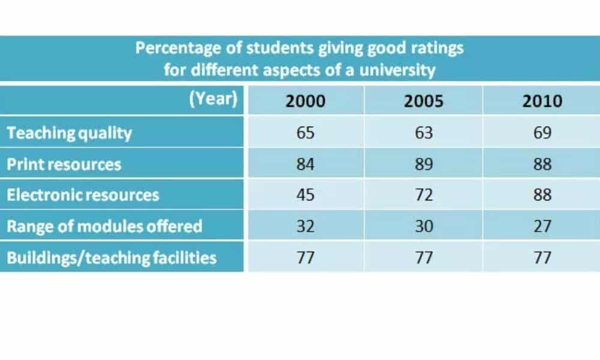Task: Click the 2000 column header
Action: point(305,100)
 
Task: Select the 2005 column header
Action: point(423,100)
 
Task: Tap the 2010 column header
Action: point(542,100)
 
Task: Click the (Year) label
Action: point(213,98)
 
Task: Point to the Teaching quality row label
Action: point(69,133)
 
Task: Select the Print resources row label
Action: point(64,164)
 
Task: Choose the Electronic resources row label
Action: point(83,195)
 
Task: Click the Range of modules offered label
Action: point(104,226)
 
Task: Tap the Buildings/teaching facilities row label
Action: point(112,257)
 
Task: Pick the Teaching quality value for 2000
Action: point(305,133)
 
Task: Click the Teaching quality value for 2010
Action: point(542,133)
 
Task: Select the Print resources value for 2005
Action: point(423,164)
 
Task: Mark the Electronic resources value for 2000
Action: point(305,195)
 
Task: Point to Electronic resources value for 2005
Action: point(423,195)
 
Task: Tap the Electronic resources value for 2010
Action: point(542,195)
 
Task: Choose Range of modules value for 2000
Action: point(305,226)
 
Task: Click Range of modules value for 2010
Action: point(542,226)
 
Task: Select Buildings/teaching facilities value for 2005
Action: point(423,257)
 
